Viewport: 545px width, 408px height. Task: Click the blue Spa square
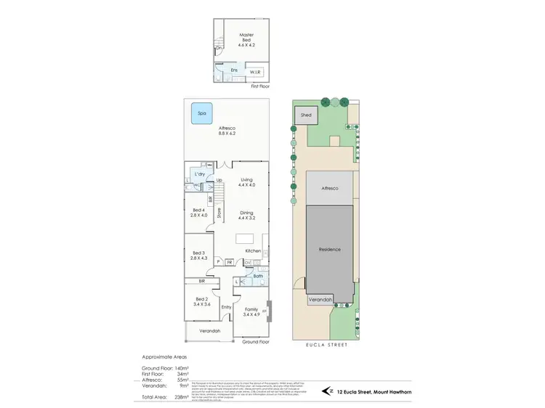coord(198,114)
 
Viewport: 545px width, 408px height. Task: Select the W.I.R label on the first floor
coord(255,72)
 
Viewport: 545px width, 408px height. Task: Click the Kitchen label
coord(252,250)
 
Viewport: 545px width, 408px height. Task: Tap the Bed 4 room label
coord(199,213)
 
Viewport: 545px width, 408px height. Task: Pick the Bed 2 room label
coord(203,302)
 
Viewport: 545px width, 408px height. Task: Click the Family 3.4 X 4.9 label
coord(251,312)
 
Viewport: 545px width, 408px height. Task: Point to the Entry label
coord(226,306)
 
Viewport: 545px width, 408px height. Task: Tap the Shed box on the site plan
coord(306,115)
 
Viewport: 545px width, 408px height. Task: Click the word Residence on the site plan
coord(329,249)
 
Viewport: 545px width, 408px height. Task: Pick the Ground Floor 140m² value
coord(179,369)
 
